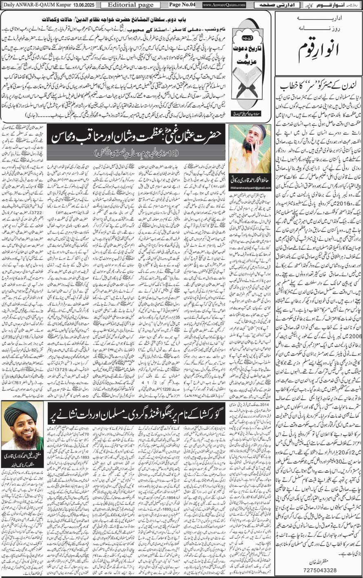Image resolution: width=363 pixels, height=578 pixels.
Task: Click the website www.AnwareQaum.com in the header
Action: [224, 4]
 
